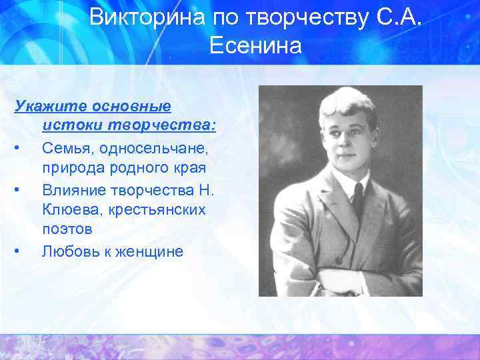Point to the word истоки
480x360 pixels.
click(x=69, y=125)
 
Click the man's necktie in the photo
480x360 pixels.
click(x=358, y=200)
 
